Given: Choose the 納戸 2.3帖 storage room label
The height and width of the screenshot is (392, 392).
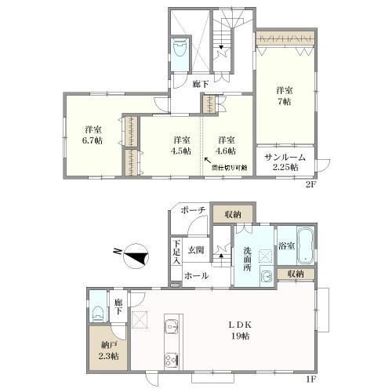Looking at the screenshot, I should click(x=108, y=350).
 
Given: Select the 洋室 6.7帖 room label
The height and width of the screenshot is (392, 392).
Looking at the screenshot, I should click(x=93, y=134).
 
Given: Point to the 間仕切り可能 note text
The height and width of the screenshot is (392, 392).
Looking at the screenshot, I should click(x=230, y=168).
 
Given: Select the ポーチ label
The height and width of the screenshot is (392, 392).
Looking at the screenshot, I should click(x=193, y=211).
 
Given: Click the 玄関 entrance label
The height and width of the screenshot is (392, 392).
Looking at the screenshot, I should click(x=194, y=250).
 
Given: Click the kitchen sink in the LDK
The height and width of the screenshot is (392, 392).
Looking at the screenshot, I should click(x=171, y=327).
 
